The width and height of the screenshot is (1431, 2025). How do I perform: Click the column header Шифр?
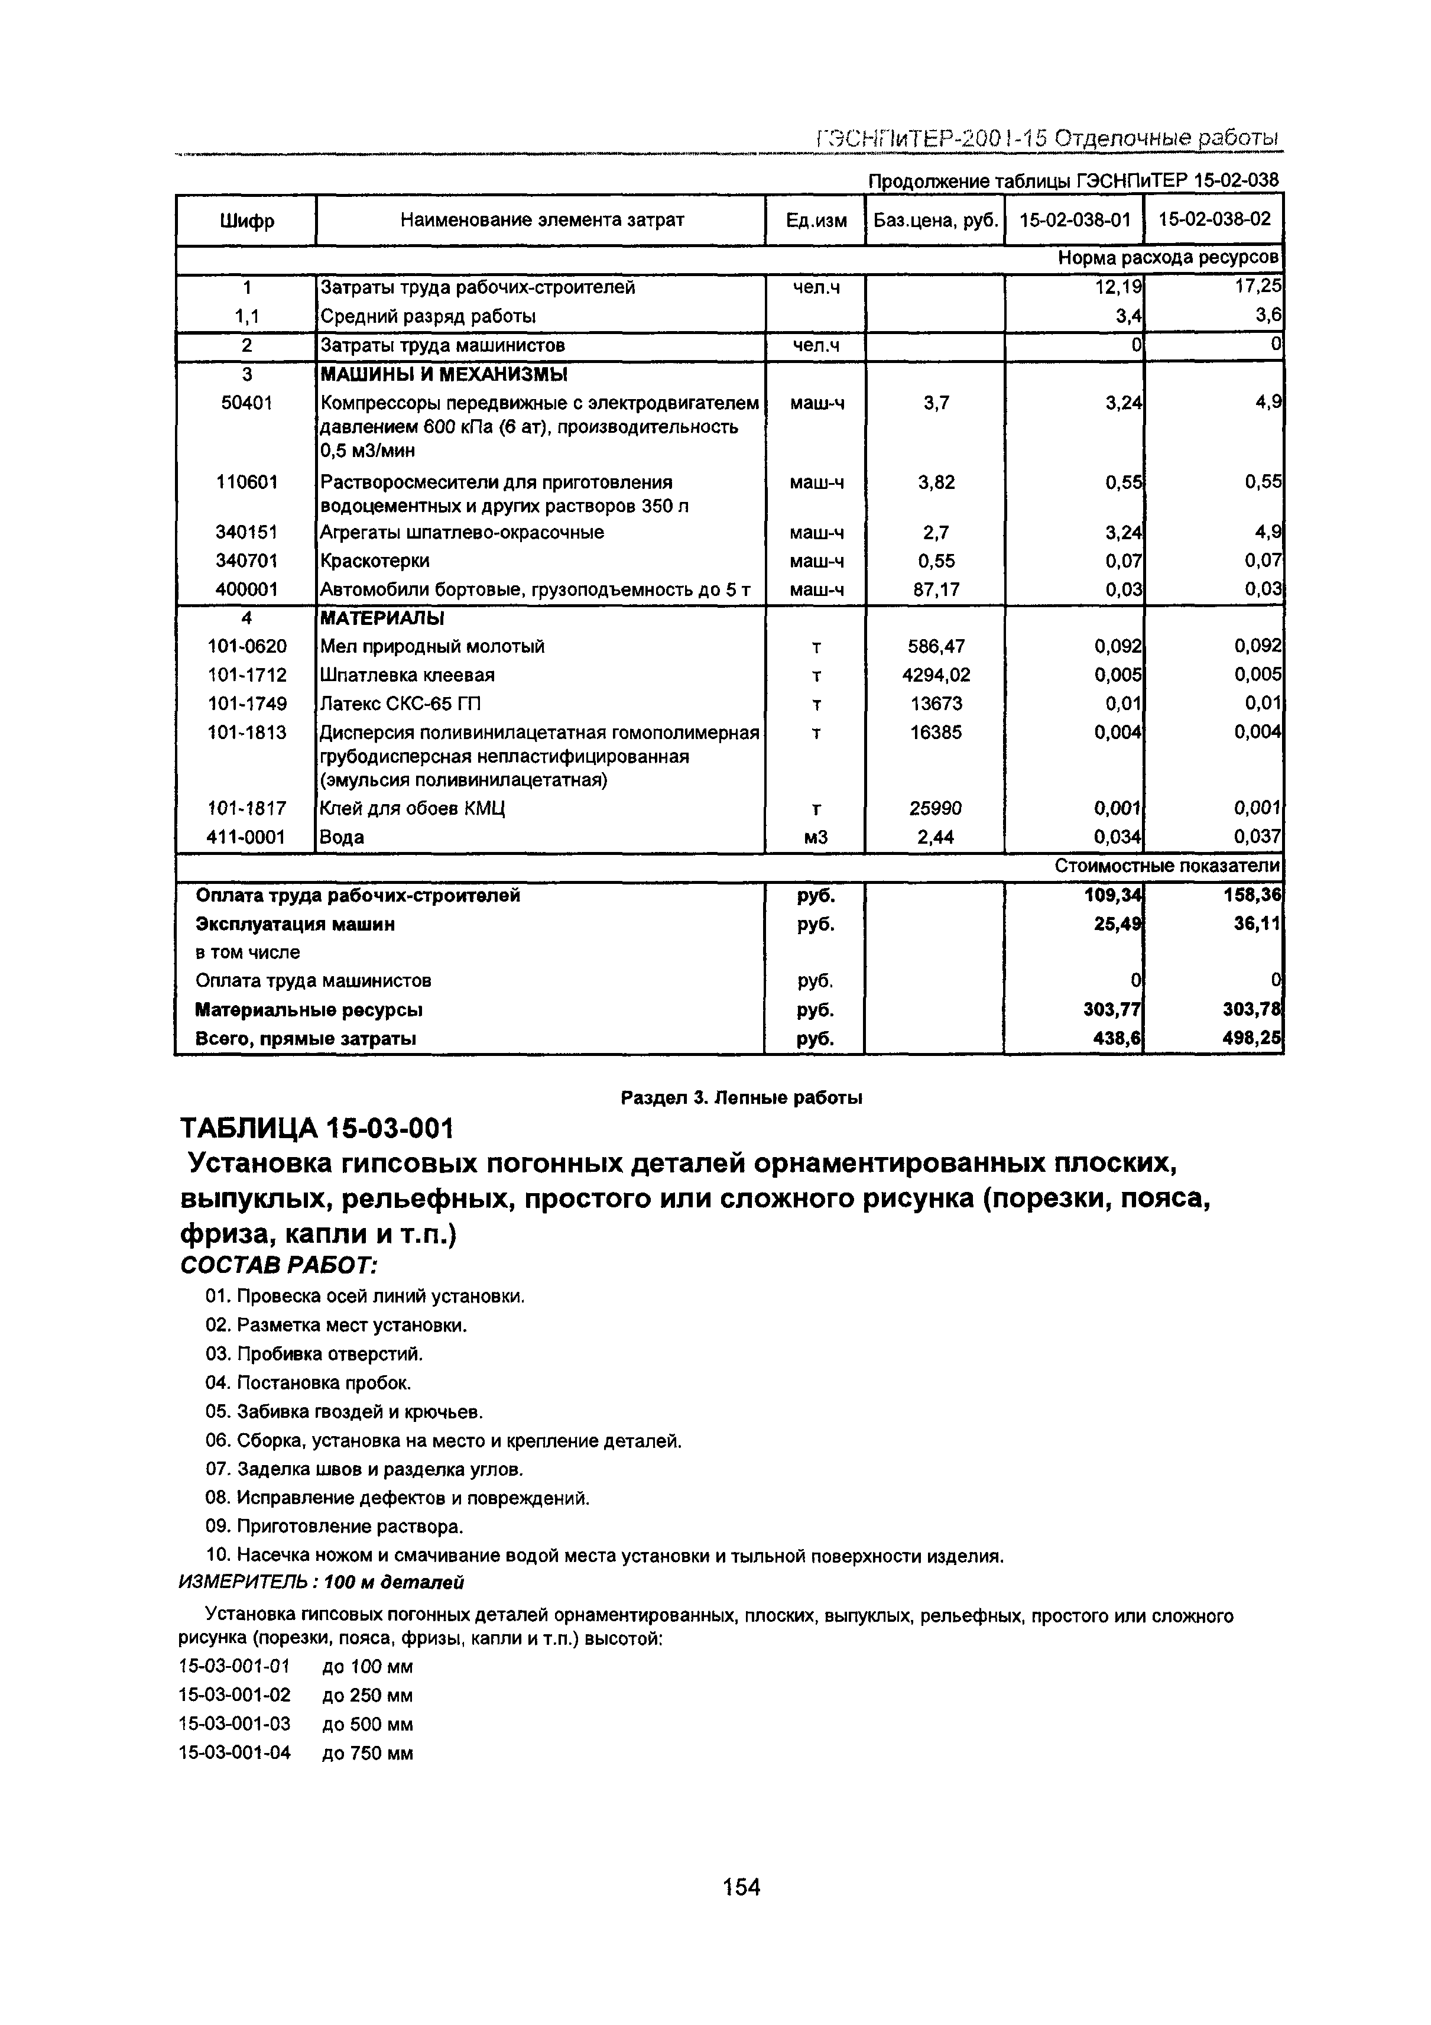(x=246, y=221)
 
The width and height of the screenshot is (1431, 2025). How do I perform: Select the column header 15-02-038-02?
(x=1214, y=219)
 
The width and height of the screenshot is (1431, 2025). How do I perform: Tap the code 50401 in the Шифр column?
(x=246, y=403)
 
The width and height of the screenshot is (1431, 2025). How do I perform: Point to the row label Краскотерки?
(x=375, y=561)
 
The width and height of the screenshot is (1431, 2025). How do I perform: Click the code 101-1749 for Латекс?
(x=246, y=704)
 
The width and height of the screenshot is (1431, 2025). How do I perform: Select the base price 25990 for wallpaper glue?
(x=936, y=808)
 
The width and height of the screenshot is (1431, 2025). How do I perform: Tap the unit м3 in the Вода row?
(x=816, y=837)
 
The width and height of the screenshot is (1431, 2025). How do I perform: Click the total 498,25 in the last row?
(x=1251, y=1039)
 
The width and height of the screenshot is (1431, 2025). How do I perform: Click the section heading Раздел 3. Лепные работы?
(x=742, y=1097)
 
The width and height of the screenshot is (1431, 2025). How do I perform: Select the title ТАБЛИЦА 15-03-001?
(x=317, y=1128)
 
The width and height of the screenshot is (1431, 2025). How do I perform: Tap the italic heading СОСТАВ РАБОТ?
(x=278, y=1266)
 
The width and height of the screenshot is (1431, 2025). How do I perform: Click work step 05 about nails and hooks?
(x=344, y=1412)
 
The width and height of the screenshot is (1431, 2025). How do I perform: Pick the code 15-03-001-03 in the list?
(x=235, y=1723)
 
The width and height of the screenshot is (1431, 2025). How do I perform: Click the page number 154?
(x=741, y=1887)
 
